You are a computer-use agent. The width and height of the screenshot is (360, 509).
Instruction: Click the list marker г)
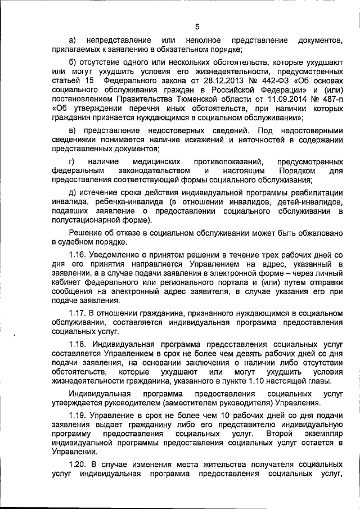coord(71,161)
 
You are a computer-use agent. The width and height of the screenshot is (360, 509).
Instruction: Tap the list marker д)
coord(71,192)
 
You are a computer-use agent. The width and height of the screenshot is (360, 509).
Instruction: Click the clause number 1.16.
coord(76,255)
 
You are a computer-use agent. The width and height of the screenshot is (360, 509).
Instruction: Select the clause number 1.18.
coord(76,344)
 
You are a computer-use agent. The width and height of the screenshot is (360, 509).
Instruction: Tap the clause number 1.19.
coord(76,415)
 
